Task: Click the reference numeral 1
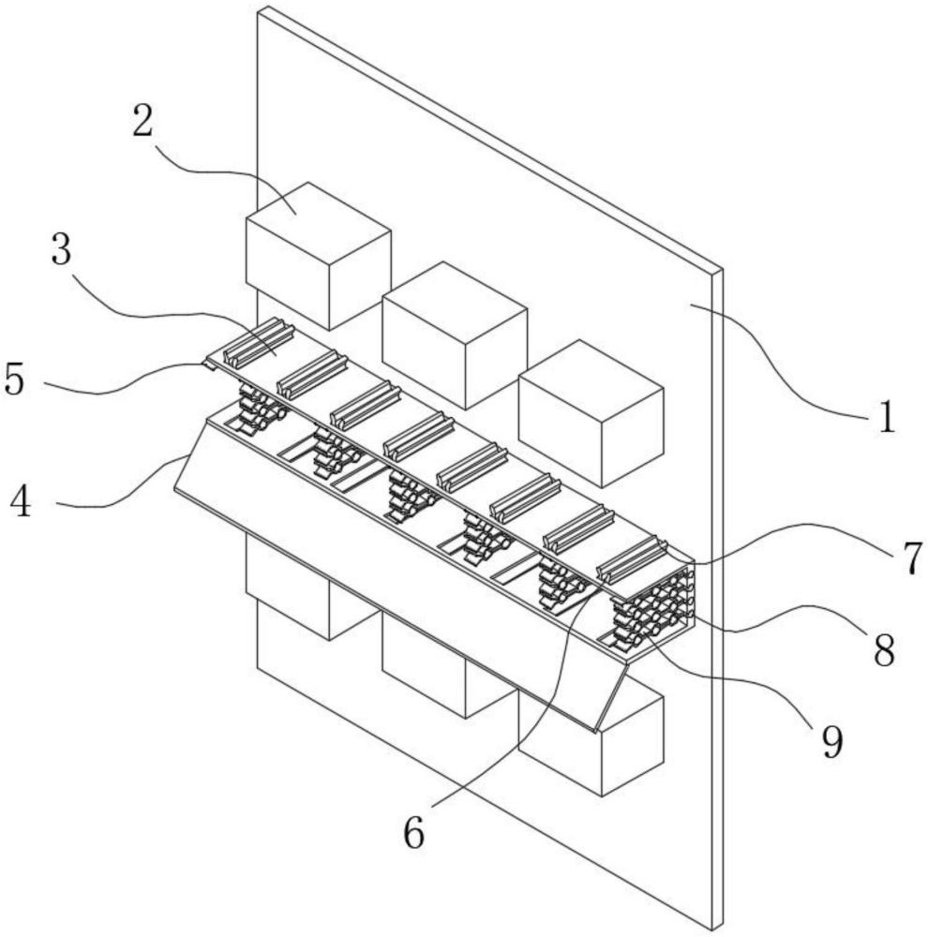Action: point(888,416)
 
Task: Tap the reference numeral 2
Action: point(142,120)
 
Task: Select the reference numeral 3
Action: point(61,249)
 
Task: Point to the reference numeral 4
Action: point(21,500)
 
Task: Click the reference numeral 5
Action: point(14,378)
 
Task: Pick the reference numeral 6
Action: point(413,832)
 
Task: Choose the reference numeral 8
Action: point(884,649)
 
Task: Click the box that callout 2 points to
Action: point(318,256)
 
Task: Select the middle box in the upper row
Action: point(455,335)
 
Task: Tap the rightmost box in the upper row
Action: point(591,413)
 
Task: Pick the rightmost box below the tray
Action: point(604,741)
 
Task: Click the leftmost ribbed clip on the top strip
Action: point(259,341)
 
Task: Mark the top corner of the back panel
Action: point(259,7)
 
